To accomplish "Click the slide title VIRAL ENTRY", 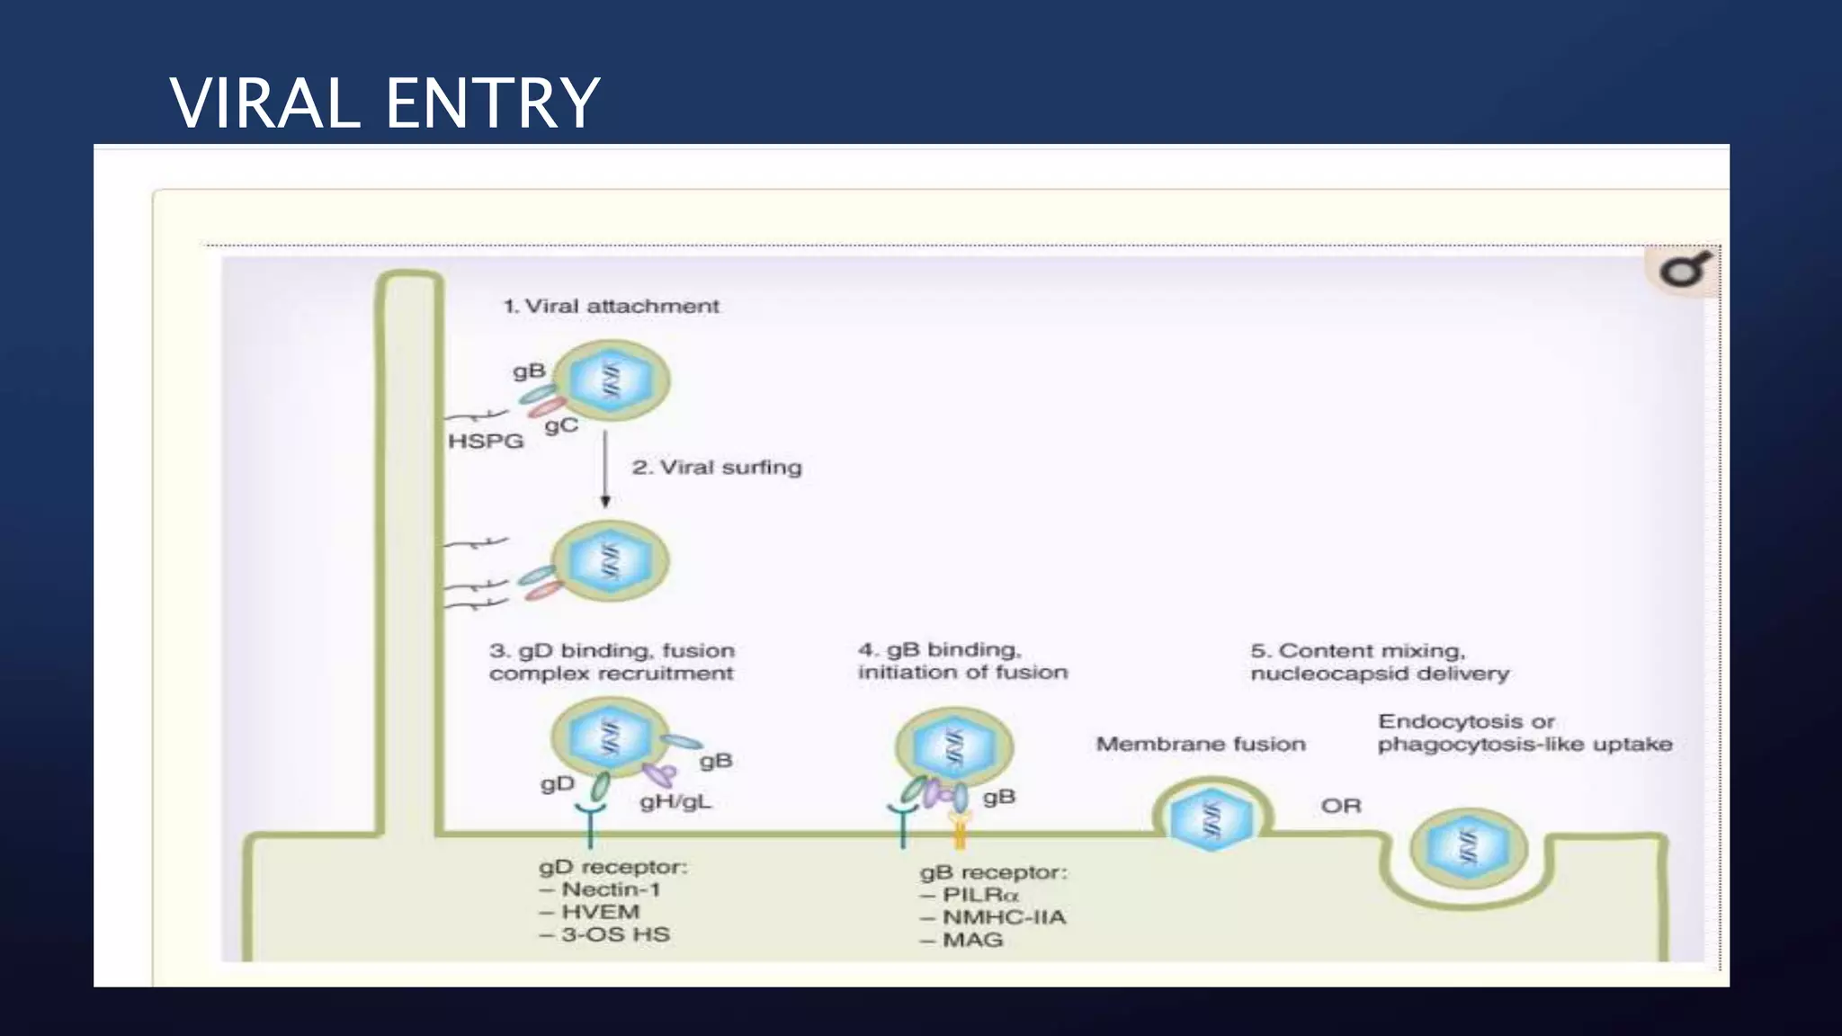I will click(x=385, y=103).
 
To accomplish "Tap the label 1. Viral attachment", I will click(x=611, y=306).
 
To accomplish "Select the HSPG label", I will click(x=486, y=441).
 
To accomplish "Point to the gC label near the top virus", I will click(x=561, y=425).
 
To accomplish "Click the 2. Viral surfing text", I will click(x=716, y=468).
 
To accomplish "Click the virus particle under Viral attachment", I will click(x=612, y=380).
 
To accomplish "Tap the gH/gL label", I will click(x=675, y=801).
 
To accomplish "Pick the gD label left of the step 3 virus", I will click(x=557, y=784).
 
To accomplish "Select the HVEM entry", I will click(x=599, y=912).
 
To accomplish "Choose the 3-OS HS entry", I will click(x=614, y=934).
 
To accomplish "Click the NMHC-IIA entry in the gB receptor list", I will click(x=1002, y=917).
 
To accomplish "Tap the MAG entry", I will click(x=971, y=940).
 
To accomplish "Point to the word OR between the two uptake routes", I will click(x=1340, y=806).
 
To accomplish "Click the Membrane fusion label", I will click(x=1201, y=744).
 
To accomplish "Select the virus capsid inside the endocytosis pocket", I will click(x=1468, y=847).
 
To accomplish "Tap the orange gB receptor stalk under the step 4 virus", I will click(x=960, y=833).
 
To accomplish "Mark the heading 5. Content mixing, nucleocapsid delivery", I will click(x=1379, y=662).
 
